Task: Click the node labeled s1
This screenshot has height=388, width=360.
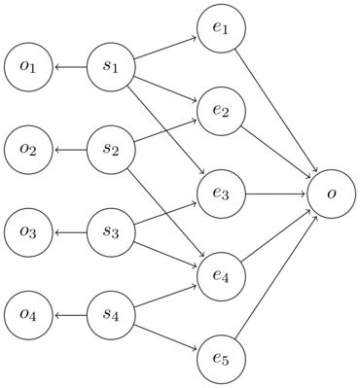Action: click(111, 67)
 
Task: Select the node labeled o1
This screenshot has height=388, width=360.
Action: click(28, 67)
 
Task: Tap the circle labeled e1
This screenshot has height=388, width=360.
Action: click(221, 29)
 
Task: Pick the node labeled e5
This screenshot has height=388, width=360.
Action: click(221, 359)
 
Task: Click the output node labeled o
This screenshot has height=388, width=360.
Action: click(332, 194)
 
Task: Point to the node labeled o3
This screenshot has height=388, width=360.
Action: click(28, 232)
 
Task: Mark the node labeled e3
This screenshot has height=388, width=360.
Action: click(221, 194)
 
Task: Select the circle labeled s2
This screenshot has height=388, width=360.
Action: click(111, 150)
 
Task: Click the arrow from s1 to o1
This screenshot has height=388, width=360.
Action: click(70, 67)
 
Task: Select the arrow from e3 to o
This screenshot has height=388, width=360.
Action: click(276, 194)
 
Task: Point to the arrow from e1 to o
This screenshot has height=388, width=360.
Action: click(276, 112)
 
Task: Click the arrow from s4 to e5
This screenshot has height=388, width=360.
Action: click(165, 336)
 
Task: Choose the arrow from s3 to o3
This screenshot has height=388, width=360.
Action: click(70, 232)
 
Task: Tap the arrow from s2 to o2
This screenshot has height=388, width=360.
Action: click(70, 150)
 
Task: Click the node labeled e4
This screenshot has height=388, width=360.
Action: click(221, 276)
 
